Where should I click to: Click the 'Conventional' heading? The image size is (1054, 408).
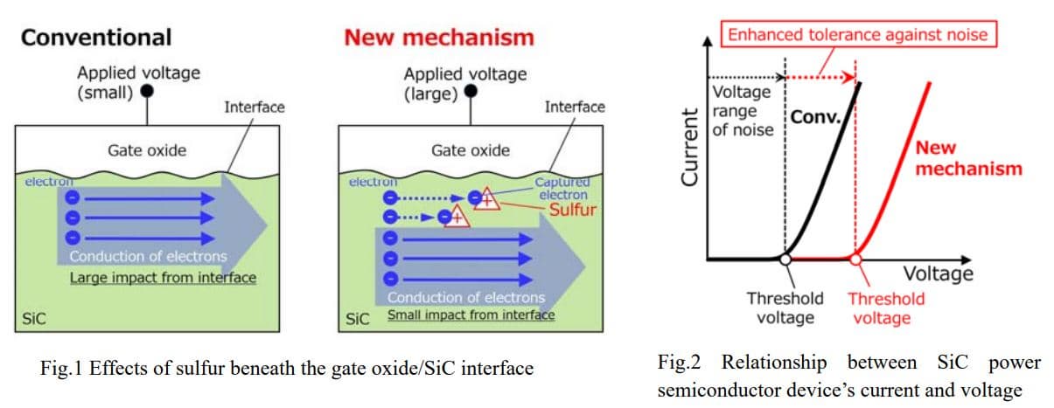click(x=96, y=38)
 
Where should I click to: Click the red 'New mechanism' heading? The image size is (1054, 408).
click(x=438, y=38)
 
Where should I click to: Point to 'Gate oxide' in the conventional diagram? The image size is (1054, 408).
click(x=147, y=150)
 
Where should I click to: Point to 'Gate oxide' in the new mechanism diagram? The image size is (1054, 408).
click(x=471, y=150)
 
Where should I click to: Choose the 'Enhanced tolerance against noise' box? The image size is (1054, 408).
click(x=858, y=36)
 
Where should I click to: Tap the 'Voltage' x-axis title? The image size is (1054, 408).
click(x=937, y=273)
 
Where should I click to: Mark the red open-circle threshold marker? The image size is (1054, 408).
click(x=855, y=259)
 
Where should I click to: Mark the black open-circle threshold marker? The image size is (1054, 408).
click(x=785, y=259)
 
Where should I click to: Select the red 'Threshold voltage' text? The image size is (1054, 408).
click(x=885, y=308)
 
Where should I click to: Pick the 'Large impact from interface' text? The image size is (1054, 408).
click(x=164, y=279)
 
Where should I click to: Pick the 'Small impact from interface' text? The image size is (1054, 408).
click(x=471, y=315)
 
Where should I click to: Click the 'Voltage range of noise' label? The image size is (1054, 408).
click(x=743, y=111)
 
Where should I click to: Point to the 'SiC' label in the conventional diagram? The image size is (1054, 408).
click(x=32, y=319)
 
